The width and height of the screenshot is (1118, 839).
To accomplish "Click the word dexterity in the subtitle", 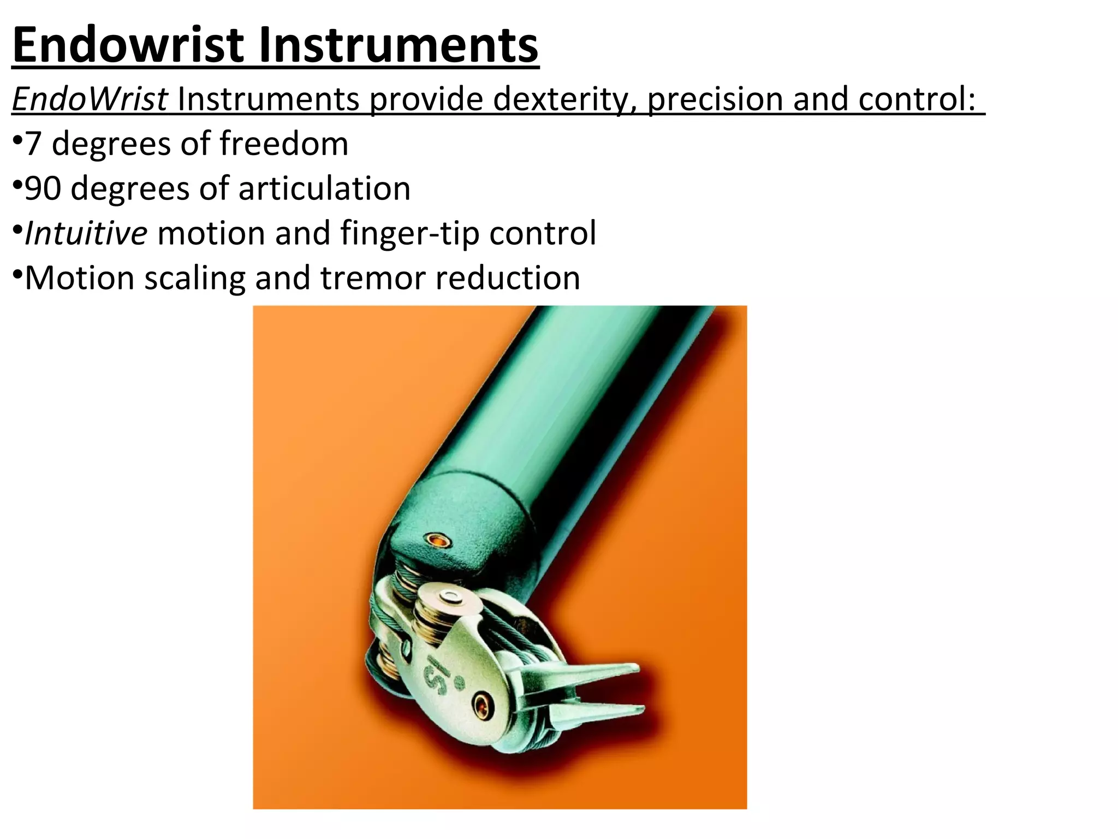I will (x=566, y=99).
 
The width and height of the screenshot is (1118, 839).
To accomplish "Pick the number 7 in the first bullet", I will (x=33, y=144).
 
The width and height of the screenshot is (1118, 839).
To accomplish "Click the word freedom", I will (x=284, y=144).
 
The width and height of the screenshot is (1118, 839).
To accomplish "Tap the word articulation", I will (x=324, y=188).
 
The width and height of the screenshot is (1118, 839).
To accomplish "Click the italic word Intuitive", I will (x=86, y=233).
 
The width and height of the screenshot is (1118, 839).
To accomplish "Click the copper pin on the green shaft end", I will (x=438, y=541).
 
